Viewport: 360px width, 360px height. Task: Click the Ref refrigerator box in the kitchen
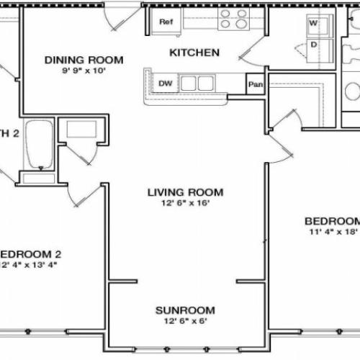click(x=166, y=22)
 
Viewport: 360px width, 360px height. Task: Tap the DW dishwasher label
click(x=164, y=83)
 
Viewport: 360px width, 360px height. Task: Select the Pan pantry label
click(x=254, y=84)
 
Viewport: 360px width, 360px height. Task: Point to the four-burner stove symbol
click(x=233, y=19)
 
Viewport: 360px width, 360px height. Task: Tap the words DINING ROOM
click(x=84, y=60)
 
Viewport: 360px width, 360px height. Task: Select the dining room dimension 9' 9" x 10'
click(x=84, y=71)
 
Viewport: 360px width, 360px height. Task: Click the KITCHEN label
click(x=194, y=53)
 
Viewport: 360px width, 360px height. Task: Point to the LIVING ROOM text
click(x=185, y=192)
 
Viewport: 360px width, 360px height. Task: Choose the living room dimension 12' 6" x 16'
click(x=185, y=204)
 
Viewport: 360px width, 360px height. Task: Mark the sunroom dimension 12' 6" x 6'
click(x=184, y=322)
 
